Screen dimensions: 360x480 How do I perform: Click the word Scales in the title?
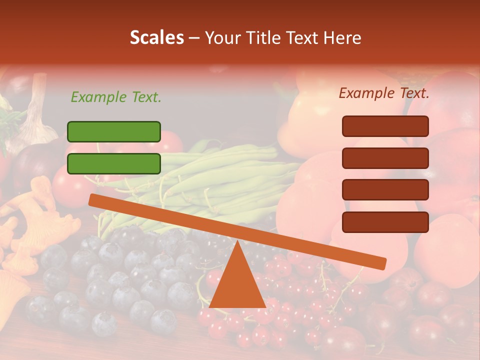[156, 38]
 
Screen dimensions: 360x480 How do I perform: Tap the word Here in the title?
[343, 38]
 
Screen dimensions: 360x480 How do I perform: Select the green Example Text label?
[116, 97]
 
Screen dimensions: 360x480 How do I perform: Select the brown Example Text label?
[384, 93]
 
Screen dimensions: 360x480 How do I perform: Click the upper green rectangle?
[114, 131]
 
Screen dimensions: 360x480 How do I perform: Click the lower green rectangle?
[114, 163]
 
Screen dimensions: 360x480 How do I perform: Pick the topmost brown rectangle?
[385, 126]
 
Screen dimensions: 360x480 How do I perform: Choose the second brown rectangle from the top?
[385, 158]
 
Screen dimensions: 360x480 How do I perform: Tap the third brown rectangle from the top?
[385, 190]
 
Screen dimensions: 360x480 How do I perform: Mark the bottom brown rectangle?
[385, 222]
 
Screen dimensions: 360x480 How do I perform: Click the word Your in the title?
[221, 38]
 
